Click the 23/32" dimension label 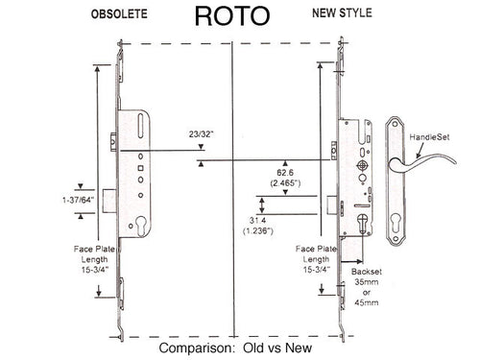[176, 139]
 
